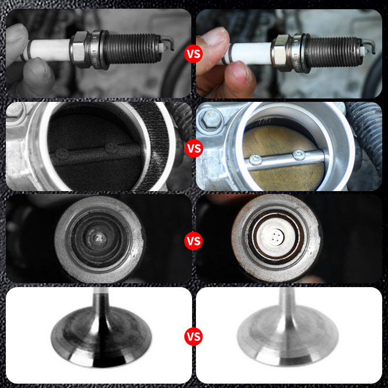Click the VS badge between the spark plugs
[x=193, y=54]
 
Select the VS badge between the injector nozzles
[x=194, y=240]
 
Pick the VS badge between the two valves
[x=194, y=336]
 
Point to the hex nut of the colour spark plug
[x=280, y=51]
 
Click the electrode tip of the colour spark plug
[x=372, y=48]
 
